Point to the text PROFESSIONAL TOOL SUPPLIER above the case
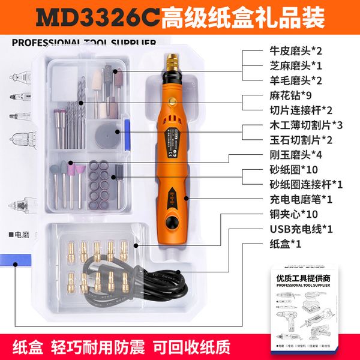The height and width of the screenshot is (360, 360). (83, 43)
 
